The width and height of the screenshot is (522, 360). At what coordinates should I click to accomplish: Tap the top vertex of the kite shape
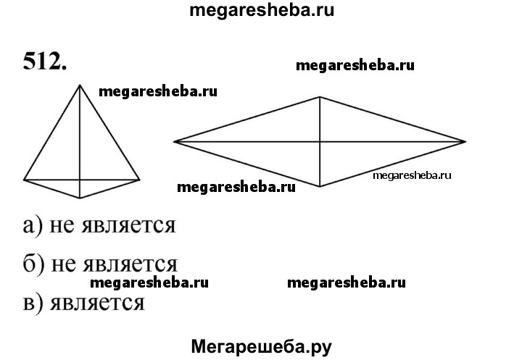(80, 85)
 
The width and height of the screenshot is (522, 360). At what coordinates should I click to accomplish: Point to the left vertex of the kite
(24, 179)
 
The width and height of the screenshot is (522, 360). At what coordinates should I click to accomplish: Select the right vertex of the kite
(139, 179)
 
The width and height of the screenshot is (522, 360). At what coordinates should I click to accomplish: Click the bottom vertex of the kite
(80, 198)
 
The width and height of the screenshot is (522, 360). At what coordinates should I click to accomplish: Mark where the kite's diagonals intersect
(80, 179)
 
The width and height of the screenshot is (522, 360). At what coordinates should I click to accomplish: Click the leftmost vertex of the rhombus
(174, 141)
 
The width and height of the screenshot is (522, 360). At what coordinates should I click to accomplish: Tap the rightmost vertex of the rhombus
(466, 141)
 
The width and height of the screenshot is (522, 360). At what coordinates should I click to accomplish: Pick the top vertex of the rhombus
(320, 96)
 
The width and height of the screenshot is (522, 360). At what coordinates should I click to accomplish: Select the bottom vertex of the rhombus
(320, 187)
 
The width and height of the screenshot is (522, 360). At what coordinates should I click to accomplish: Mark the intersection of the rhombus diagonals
(320, 141)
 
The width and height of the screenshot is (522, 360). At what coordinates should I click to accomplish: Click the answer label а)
(33, 225)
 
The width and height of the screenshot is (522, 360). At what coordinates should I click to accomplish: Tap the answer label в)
(33, 301)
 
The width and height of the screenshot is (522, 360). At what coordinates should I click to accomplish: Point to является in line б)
(132, 264)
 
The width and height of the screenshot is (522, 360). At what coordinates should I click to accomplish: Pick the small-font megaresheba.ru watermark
(412, 175)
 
